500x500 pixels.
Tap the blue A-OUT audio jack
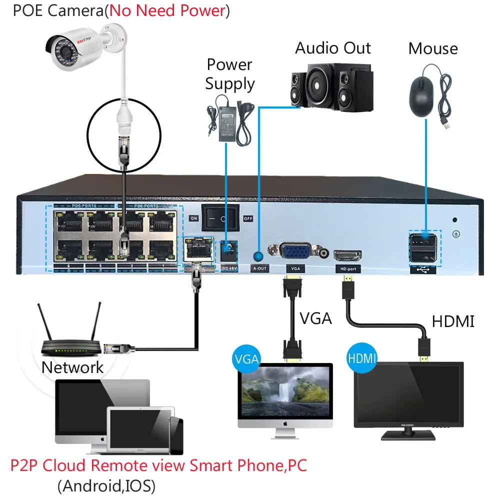(258, 256)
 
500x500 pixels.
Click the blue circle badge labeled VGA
(246, 358)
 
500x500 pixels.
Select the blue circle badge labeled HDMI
(361, 358)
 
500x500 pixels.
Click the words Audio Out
(332, 48)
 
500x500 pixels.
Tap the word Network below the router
(72, 367)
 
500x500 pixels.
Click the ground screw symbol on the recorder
(455, 233)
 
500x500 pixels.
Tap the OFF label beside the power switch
(247, 218)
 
